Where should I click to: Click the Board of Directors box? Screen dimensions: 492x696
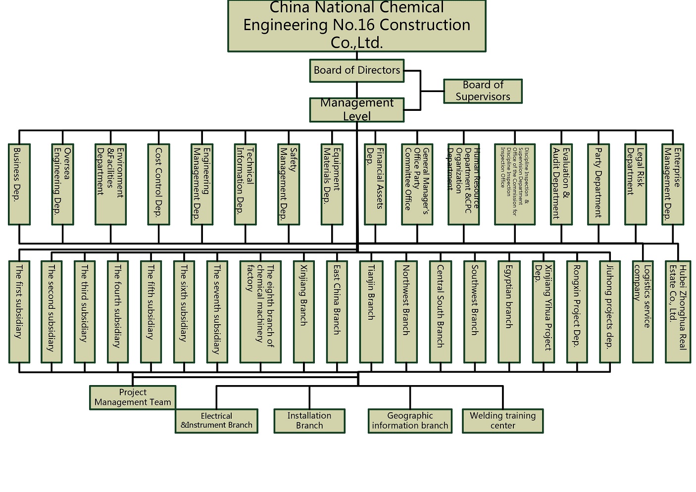pyautogui.click(x=356, y=70)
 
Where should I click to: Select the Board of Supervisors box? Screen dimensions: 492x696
pyautogui.click(x=483, y=91)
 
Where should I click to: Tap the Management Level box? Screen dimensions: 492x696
pyautogui.click(x=356, y=109)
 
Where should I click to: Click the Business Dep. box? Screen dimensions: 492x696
pyautogui.click(x=19, y=184)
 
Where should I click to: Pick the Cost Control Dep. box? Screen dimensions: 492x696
pyautogui.click(x=158, y=184)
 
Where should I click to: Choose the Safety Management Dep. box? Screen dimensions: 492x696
pyautogui.click(x=289, y=184)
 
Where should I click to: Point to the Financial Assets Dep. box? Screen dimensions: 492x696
pyautogui.click(x=375, y=184)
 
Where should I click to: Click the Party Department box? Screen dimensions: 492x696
pyautogui.click(x=598, y=184)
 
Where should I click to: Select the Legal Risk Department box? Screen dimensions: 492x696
pyautogui.click(x=636, y=184)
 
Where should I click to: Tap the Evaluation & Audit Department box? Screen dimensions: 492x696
pyautogui.click(x=561, y=184)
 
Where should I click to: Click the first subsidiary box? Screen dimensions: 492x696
pyautogui.click(x=19, y=311)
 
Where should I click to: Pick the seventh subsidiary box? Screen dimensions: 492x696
pyautogui.click(x=217, y=311)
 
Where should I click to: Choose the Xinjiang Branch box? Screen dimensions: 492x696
pyautogui.click(x=303, y=311)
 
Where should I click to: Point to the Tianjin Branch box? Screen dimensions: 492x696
pyautogui.click(x=371, y=311)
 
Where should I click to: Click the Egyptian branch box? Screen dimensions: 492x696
pyautogui.click(x=509, y=311)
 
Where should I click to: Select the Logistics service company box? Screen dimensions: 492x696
pyautogui.click(x=643, y=311)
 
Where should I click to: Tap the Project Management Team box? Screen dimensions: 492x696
pyautogui.click(x=133, y=397)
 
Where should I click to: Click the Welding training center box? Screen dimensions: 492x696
pyautogui.click(x=502, y=421)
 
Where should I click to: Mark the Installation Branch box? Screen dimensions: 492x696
pyautogui.click(x=309, y=421)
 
